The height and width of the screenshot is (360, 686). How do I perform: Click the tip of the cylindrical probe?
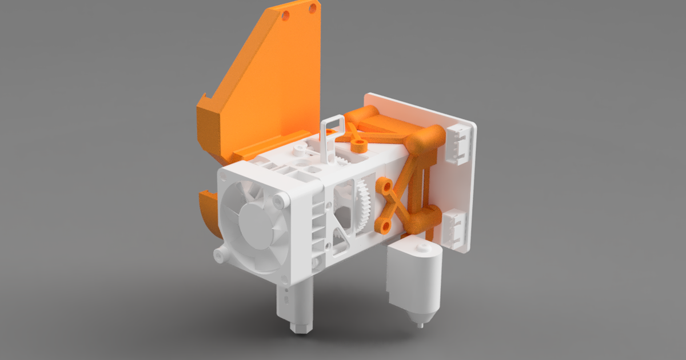pos(421,326)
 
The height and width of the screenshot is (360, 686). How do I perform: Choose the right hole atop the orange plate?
pos(313,8)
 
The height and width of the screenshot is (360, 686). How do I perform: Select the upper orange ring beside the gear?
pos(383,186)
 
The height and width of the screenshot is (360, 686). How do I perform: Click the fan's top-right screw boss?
pos(280,201)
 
